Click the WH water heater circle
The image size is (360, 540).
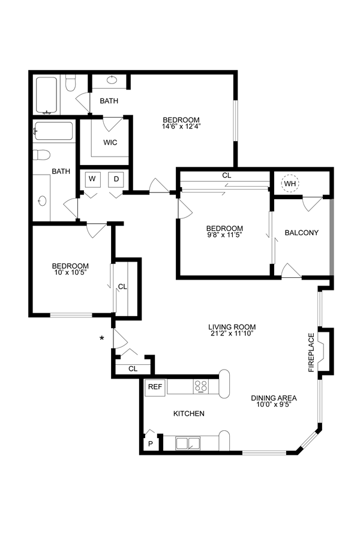[x=290, y=184]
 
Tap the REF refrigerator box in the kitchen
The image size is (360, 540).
[x=155, y=387]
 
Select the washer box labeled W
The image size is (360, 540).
[x=92, y=179]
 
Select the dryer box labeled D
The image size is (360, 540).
[x=116, y=179]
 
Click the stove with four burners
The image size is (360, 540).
[x=200, y=387]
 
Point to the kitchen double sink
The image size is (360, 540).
[x=188, y=443]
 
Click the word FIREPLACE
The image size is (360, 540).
[x=311, y=353]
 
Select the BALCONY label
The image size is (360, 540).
[x=301, y=233]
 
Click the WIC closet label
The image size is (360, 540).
[x=110, y=142]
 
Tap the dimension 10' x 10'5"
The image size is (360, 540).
[x=70, y=273]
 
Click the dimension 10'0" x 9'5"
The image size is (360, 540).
[x=274, y=404]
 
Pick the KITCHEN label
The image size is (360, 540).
[x=189, y=413]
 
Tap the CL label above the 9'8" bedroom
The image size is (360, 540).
[x=226, y=176]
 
